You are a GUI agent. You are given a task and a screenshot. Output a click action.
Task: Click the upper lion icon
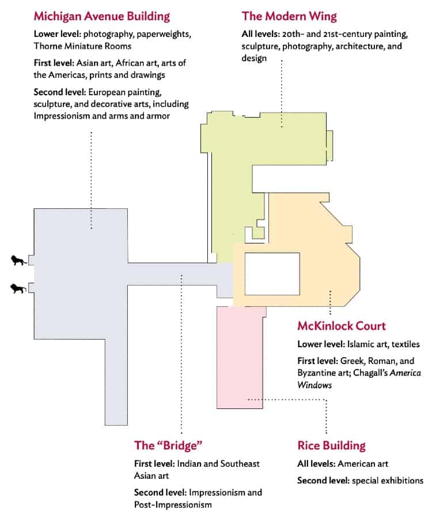[x=19, y=260]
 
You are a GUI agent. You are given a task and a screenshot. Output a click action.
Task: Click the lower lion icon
[x=19, y=288]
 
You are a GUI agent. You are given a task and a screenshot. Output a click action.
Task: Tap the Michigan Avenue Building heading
[x=102, y=17]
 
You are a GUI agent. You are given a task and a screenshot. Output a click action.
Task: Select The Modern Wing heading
[x=289, y=17]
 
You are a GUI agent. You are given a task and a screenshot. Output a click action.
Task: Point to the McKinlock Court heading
[x=342, y=326]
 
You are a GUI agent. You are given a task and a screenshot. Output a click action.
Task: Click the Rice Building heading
[x=331, y=446]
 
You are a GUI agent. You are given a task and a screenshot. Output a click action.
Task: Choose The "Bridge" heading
[x=168, y=445]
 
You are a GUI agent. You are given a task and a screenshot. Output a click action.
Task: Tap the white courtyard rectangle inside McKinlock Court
[x=272, y=274]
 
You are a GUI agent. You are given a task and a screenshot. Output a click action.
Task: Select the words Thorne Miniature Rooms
[x=82, y=46]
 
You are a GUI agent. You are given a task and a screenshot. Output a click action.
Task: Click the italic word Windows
[x=314, y=385]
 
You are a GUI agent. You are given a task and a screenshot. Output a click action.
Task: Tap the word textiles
[x=406, y=344]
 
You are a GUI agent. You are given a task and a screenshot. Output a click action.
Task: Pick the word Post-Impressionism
[x=173, y=505]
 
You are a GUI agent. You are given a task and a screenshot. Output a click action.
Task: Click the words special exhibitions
[x=388, y=481]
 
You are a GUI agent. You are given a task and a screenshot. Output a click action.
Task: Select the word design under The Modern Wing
[x=254, y=58]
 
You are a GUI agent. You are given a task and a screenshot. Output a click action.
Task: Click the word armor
[x=160, y=117]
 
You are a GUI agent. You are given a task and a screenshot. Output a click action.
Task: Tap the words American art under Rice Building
[x=363, y=464]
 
